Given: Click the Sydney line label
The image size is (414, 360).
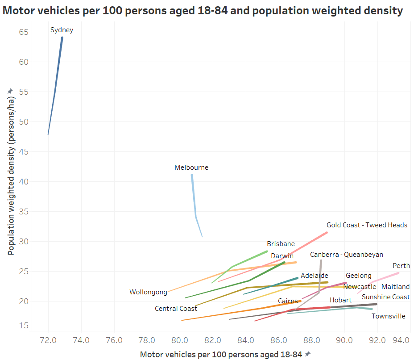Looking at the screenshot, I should tap(62, 30).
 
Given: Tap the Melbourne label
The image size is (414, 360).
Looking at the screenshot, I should tap(191, 168).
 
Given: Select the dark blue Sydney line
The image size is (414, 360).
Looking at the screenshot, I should tap(55, 89).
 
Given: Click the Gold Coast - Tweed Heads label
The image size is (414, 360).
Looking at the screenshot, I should tap(367, 225).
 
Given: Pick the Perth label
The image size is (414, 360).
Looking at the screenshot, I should tap(401, 266).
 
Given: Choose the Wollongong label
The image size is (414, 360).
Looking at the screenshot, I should tap(148, 293).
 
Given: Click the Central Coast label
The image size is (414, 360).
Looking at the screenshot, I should tap(176, 309).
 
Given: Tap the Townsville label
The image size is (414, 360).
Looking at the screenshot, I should tap(389, 316).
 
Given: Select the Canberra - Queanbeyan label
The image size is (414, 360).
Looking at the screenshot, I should tap(347, 255).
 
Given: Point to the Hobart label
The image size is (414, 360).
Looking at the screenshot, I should tap(341, 300).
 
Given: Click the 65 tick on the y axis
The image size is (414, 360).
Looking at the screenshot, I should tap(24, 32).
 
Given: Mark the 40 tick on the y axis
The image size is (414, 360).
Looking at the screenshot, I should tap(24, 182).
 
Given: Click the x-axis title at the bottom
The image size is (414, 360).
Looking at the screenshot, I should tap(222, 355).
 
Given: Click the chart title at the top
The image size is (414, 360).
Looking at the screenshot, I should tap(203, 11).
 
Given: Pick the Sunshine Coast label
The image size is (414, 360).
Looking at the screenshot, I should tap(385, 297).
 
